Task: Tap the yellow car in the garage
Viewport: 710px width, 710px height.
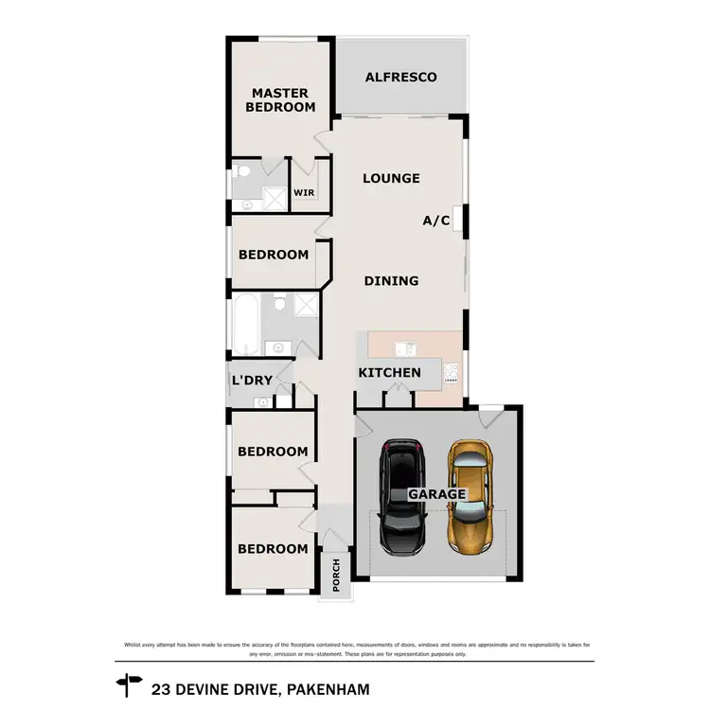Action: [x=470, y=497]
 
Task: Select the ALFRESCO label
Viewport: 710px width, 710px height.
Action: [x=401, y=77]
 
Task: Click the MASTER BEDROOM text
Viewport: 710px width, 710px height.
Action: [x=280, y=99]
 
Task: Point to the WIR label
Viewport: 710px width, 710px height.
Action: [x=304, y=192]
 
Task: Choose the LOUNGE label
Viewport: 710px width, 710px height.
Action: [x=391, y=178]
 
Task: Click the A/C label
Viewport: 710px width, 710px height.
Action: [x=435, y=221]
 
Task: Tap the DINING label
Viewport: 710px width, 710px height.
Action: [x=391, y=280]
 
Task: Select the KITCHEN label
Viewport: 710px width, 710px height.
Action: [x=389, y=372]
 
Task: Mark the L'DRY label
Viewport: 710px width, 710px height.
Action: [x=252, y=381]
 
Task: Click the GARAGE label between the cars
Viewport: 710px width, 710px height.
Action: [x=436, y=494]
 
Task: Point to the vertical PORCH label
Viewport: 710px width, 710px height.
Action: [x=335, y=574]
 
